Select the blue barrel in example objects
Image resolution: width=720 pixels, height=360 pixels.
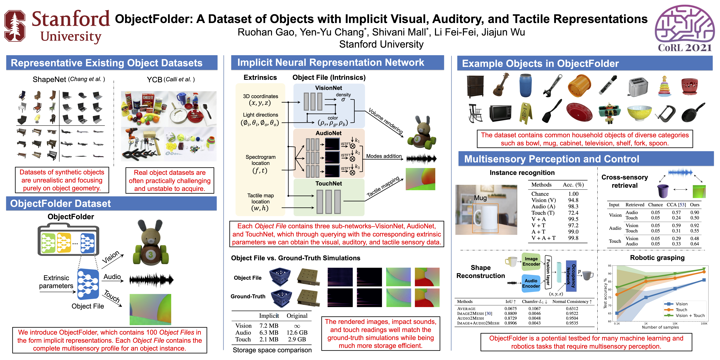click(525, 85)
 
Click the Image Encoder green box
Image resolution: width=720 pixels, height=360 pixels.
click(531, 262)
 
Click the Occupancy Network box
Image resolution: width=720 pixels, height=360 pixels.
click(571, 276)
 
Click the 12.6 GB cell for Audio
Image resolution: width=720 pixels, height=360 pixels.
click(297, 333)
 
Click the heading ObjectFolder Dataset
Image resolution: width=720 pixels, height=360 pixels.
click(60, 203)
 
